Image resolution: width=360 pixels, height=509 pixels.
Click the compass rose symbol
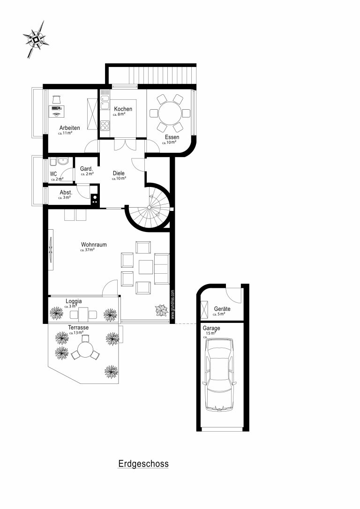37,39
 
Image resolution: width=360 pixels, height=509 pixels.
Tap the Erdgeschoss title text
143,464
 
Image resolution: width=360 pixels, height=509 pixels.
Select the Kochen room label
123,109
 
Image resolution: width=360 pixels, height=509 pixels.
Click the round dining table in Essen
170,113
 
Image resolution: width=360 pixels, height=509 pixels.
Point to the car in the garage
219,374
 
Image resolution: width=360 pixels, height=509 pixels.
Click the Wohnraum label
94,245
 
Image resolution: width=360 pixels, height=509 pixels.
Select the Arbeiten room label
69,128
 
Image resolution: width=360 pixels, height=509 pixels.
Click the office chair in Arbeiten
56,99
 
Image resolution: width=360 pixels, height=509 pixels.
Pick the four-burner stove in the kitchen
104,125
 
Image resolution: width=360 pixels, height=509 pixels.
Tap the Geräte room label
222,309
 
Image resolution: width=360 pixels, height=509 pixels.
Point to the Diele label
119,173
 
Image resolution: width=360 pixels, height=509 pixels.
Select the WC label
53,174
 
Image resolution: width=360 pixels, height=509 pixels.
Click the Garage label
211,328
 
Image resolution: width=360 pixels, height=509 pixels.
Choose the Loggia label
74,301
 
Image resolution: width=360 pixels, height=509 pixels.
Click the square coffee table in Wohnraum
146,267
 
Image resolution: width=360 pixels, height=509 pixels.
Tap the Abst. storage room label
66,193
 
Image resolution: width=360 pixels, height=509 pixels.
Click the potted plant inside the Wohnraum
161,310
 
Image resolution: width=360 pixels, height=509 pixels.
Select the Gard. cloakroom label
87,169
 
